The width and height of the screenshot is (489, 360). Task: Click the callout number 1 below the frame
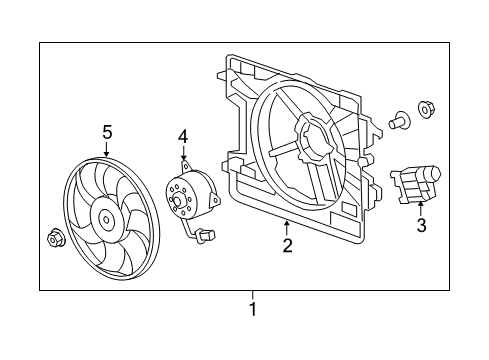[x=252, y=309]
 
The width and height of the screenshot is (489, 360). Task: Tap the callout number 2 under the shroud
[x=287, y=245]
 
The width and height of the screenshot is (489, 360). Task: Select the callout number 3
[x=421, y=226]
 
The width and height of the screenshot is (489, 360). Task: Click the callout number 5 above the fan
[x=107, y=130]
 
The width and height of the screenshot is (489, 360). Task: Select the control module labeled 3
[x=418, y=184]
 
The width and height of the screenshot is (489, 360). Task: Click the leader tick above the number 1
[x=252, y=295]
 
